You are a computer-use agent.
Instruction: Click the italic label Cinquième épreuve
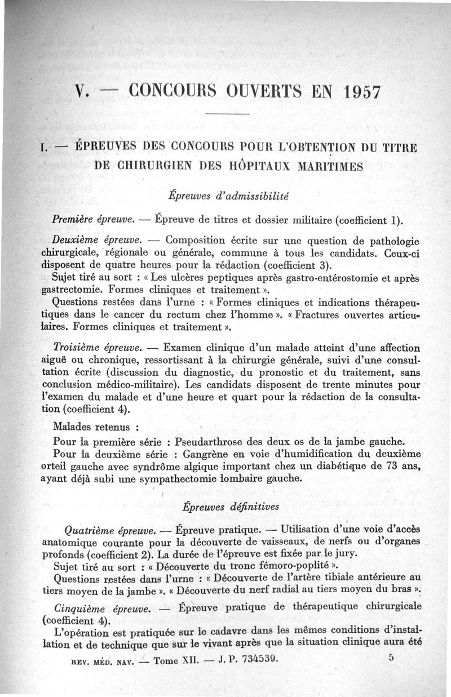pos(103,609)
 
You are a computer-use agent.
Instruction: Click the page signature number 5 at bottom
pos(391,658)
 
